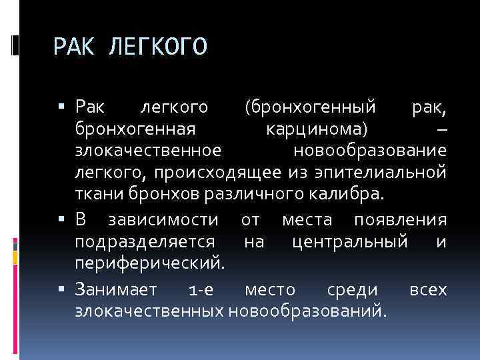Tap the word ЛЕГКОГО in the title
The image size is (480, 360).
tap(157, 47)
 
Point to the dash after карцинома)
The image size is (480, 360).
tap(442, 129)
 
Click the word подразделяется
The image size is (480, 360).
tap(145, 242)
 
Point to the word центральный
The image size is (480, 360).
tap(350, 242)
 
